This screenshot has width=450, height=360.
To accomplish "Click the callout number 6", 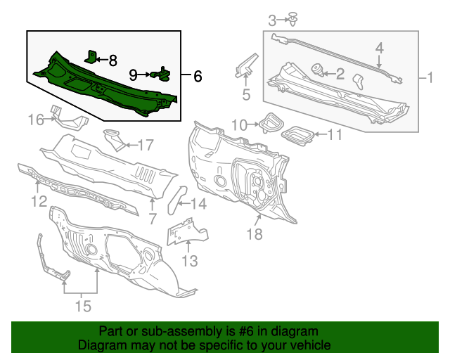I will (198, 75).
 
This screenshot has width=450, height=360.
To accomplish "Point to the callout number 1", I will (430, 78).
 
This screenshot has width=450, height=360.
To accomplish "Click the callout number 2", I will (340, 72).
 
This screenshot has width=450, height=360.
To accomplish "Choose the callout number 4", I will (379, 48).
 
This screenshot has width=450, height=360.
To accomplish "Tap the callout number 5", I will (246, 93).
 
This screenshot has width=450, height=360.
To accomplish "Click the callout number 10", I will (239, 124).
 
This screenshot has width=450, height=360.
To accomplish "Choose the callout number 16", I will (36, 120).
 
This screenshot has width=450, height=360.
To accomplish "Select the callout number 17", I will (144, 146).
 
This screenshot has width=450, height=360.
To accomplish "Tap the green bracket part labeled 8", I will (91, 56).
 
